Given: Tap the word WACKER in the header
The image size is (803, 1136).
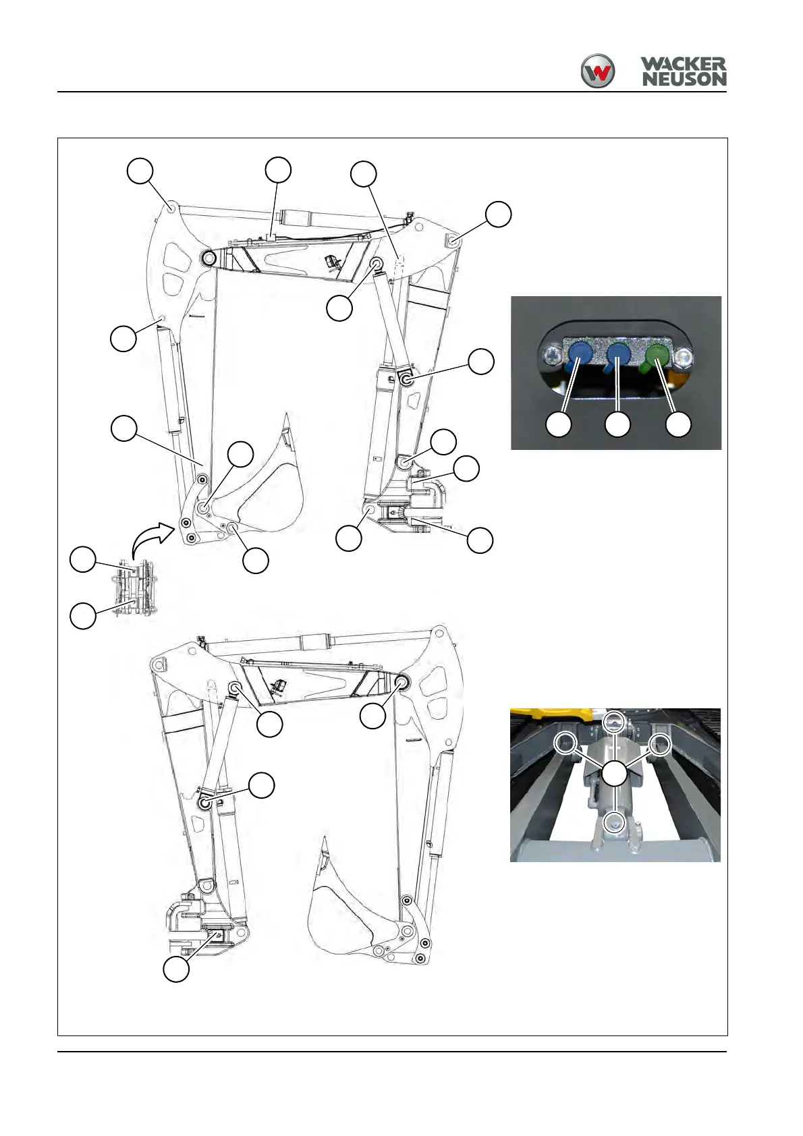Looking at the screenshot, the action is coord(683,65).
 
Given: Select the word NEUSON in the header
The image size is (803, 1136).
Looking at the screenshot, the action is coord(683,79).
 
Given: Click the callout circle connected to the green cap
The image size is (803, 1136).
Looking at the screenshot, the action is coord(678,425).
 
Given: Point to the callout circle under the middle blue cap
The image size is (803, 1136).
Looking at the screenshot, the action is coord(617,425).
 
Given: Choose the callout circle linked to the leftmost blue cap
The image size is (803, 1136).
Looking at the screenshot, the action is coord(559,425).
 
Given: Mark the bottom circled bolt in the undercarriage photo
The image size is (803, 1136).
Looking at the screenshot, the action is coord(614,822).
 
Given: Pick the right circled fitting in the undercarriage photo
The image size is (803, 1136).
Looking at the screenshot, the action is coord(660,743).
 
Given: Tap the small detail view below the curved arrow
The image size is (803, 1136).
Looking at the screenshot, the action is coord(138,588).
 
